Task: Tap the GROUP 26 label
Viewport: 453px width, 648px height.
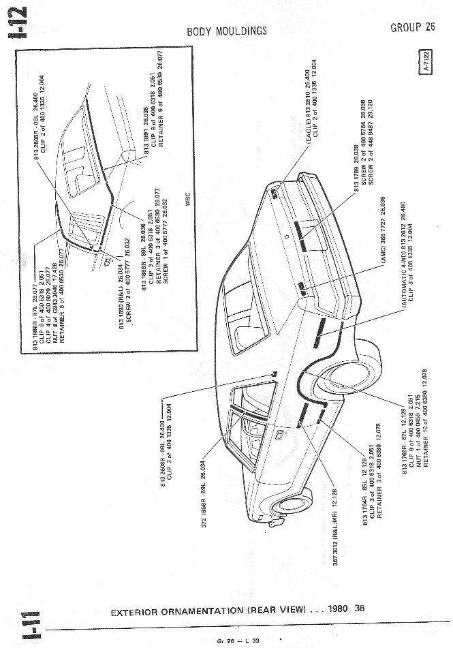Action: pos(413,27)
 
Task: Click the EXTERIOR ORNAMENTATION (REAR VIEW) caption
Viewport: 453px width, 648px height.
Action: pos(208,610)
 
